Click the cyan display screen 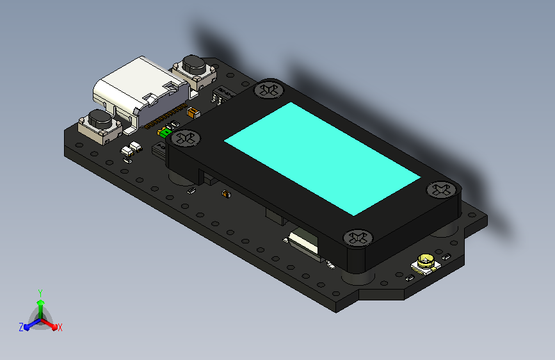click(x=322, y=157)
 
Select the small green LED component click(x=164, y=133)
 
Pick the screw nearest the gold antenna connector click(x=357, y=238)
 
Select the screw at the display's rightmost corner click(x=442, y=190)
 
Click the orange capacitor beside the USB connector click(x=192, y=113)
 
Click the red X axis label click(x=60, y=327)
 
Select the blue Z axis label click(x=21, y=327)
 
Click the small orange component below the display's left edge click(x=225, y=193)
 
